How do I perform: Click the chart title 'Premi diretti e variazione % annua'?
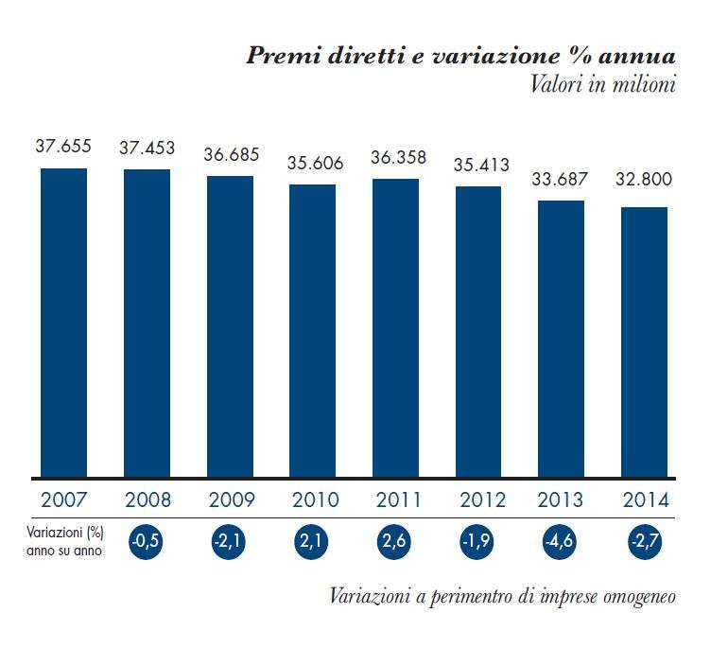[461, 54]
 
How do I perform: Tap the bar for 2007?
[63, 323]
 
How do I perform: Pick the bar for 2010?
[313, 331]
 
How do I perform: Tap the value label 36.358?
[397, 157]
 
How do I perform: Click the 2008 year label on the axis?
[147, 499]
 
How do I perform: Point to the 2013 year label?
[562, 499]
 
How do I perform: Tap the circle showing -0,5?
[147, 542]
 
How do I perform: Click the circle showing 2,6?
[396, 542]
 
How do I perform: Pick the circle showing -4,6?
[562, 542]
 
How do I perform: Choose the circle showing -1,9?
[478, 542]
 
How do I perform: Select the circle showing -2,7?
[645, 542]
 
